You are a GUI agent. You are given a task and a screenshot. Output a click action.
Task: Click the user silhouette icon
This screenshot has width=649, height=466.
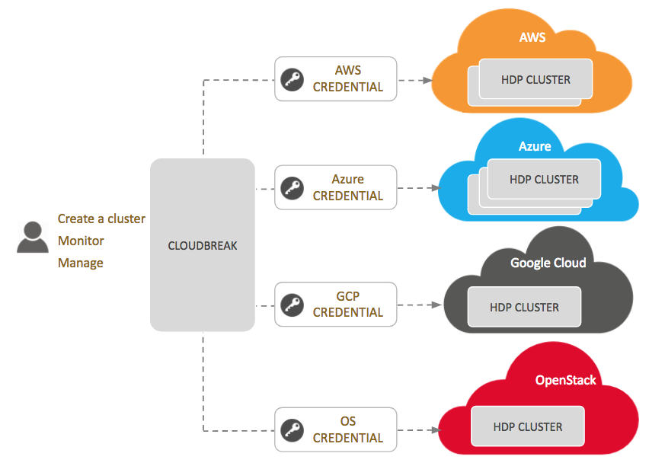click(x=32, y=237)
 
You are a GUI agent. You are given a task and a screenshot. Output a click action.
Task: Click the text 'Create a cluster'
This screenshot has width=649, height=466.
click(x=101, y=219)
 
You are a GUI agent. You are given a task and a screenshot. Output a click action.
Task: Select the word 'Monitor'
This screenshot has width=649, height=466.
click(x=81, y=241)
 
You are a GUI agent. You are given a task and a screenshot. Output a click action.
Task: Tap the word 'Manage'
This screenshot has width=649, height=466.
click(x=80, y=263)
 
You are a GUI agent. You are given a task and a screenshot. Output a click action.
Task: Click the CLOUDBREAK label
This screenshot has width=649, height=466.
click(x=202, y=245)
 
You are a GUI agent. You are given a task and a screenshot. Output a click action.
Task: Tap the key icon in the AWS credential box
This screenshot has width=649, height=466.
click(x=292, y=79)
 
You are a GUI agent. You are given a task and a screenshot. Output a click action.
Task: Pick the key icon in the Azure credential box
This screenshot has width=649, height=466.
click(x=292, y=187)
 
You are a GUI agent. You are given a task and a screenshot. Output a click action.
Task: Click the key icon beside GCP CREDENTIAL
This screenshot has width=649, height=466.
click(x=292, y=305)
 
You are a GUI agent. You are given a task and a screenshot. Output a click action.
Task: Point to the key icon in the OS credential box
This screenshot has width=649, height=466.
click(x=292, y=429)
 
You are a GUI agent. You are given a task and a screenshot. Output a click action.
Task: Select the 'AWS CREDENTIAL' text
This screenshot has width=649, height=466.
click(x=348, y=78)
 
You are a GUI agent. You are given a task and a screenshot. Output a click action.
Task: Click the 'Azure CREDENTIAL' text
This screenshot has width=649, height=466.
click(x=348, y=187)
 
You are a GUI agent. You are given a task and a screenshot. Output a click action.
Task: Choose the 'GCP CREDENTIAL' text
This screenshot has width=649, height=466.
click(x=348, y=305)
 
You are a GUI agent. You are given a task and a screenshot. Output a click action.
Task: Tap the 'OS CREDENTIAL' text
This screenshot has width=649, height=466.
click(x=348, y=429)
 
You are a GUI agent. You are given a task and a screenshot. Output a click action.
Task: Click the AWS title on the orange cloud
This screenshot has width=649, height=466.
click(x=532, y=37)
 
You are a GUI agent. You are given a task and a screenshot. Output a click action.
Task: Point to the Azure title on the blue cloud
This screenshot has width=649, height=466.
click(x=535, y=146)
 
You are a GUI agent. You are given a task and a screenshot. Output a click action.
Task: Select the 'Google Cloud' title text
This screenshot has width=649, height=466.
click(x=548, y=263)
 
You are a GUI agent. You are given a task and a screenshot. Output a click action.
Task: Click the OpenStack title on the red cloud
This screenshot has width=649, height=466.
click(x=566, y=380)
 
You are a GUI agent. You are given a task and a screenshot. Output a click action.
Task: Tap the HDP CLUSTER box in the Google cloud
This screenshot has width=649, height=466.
click(x=525, y=308)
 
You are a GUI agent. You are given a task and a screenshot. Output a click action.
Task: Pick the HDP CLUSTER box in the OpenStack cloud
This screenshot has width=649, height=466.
click(x=528, y=426)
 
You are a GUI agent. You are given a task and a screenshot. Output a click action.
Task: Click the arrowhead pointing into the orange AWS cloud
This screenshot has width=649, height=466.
click(x=427, y=79)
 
